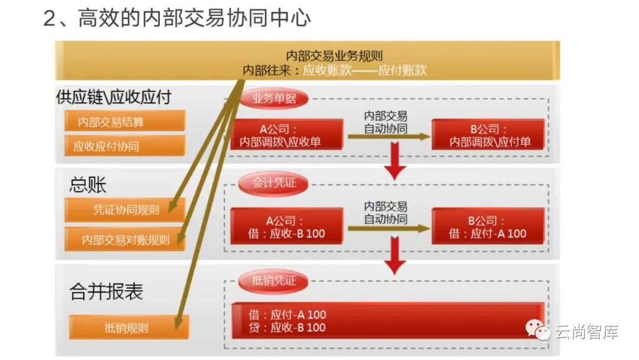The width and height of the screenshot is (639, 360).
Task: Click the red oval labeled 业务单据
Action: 274,99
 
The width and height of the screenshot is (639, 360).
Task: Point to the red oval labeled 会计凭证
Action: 274,183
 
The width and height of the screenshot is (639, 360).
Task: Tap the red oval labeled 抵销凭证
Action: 274,281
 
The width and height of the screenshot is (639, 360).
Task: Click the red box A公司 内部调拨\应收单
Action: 288,134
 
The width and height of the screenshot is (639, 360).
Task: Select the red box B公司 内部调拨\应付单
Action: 489,134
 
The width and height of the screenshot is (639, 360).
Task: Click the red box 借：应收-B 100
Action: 288,227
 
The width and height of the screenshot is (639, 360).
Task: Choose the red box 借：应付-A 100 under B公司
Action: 489,227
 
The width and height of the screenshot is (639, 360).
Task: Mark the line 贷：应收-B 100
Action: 288,327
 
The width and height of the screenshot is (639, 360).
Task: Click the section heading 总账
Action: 88,185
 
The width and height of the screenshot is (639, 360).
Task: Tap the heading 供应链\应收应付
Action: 114,97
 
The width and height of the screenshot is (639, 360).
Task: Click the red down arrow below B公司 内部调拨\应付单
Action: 395,163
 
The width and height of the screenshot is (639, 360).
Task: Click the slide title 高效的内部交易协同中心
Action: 194,18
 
